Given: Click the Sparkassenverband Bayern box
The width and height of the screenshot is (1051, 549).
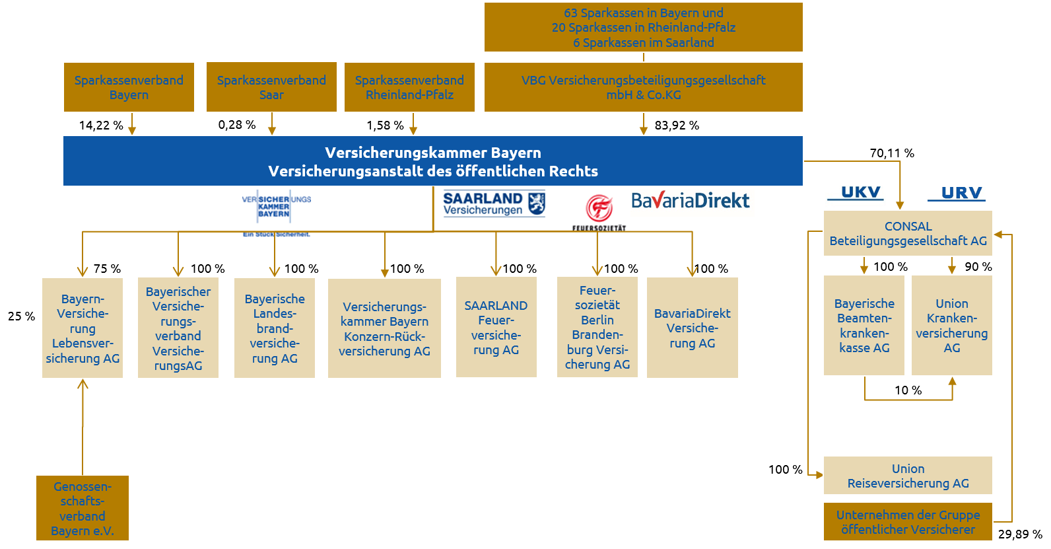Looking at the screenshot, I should tap(129, 87).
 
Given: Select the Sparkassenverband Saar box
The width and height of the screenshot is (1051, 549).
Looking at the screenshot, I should tap(271, 87).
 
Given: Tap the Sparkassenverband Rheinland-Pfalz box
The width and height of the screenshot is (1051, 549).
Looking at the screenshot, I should tap(409, 87).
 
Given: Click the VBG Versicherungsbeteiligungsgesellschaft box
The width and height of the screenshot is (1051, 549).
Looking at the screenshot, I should tap(643, 87).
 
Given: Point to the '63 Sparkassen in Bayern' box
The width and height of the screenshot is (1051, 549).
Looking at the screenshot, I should tap(643, 27).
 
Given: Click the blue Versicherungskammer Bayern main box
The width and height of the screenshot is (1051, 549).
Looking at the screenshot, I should tap(432, 161).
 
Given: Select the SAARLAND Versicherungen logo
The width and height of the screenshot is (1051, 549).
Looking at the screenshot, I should tap(494, 203).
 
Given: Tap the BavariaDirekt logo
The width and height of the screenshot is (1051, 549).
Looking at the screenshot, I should tap(691, 201).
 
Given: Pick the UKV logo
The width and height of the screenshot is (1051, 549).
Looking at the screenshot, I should tap(856, 196).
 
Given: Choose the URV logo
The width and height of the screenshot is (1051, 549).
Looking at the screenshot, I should tap(957, 194).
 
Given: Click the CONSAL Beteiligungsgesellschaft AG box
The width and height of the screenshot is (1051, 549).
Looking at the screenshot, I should tap(908, 234).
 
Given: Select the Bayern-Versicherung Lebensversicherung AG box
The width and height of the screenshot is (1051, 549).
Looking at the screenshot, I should tap(83, 328).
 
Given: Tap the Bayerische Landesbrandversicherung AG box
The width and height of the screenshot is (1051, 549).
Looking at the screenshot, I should tap(275, 328).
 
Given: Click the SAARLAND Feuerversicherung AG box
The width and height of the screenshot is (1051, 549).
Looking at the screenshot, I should tap(496, 328).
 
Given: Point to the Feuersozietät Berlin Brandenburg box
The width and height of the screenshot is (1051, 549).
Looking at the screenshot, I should tap(597, 327).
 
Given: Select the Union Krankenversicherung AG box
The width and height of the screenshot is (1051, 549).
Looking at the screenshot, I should tap(951, 326).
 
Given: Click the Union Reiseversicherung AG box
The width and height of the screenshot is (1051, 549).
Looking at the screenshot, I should tap(908, 476).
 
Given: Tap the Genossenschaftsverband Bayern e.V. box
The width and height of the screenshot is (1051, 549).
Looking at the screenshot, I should tap(83, 508).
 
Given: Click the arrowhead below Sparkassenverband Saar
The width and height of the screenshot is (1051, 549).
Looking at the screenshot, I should tap(271, 131).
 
